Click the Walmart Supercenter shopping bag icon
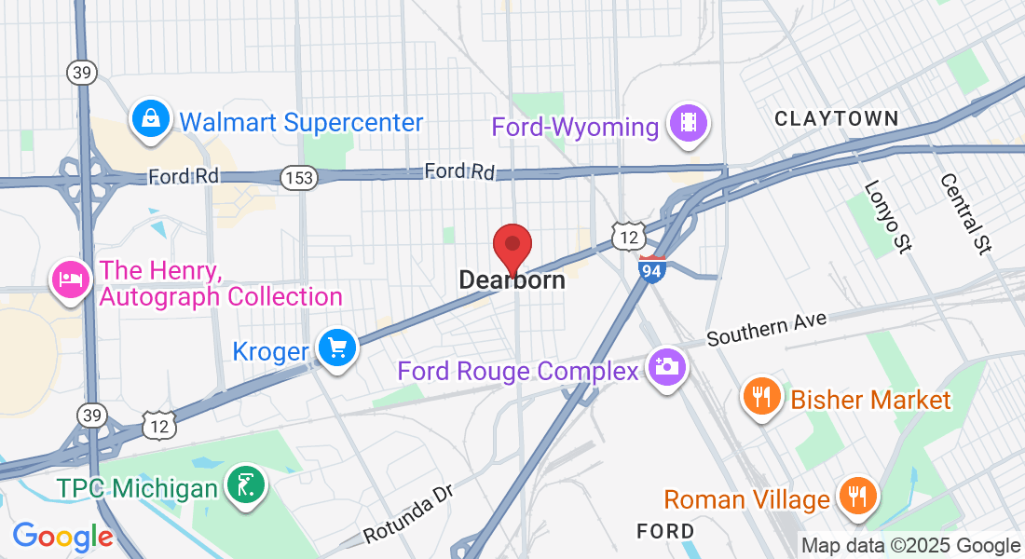coord(149,119)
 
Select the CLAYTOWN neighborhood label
coord(837,118)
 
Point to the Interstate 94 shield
coord(652,269)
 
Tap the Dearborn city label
coord(512,280)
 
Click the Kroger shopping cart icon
coord(336,348)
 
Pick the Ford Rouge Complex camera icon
coord(666,366)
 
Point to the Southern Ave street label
coord(766,328)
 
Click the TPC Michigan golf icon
coord(245,484)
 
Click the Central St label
coord(966,213)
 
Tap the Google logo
coord(62,537)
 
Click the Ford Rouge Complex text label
coord(517,371)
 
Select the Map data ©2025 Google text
coord(911,546)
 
